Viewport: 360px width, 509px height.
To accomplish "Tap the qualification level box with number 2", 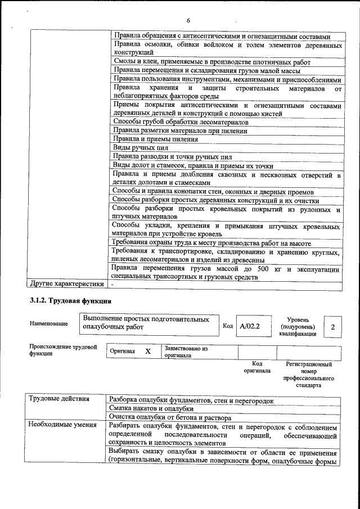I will click(334, 327).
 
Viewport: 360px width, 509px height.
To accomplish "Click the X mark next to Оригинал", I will click(148, 352).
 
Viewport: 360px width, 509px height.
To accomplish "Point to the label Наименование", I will click(49, 323).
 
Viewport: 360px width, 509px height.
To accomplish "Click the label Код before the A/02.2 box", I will click(227, 326).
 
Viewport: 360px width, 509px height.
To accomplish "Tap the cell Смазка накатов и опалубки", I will click(151, 408).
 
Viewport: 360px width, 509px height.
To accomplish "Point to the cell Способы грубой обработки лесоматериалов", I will click(181, 121).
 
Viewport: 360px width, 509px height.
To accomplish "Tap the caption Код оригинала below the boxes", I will click(256, 367).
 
